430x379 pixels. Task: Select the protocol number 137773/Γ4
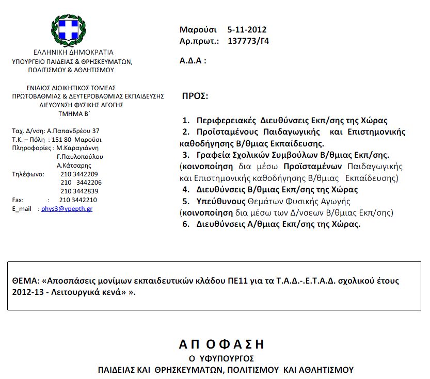coord(249,41)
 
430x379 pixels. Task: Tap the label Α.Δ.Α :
coord(193,60)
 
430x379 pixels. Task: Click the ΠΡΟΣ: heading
coord(195,96)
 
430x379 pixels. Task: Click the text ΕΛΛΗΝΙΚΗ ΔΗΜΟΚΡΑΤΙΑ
coord(73,52)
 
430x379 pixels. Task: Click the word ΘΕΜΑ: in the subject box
coord(26,282)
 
